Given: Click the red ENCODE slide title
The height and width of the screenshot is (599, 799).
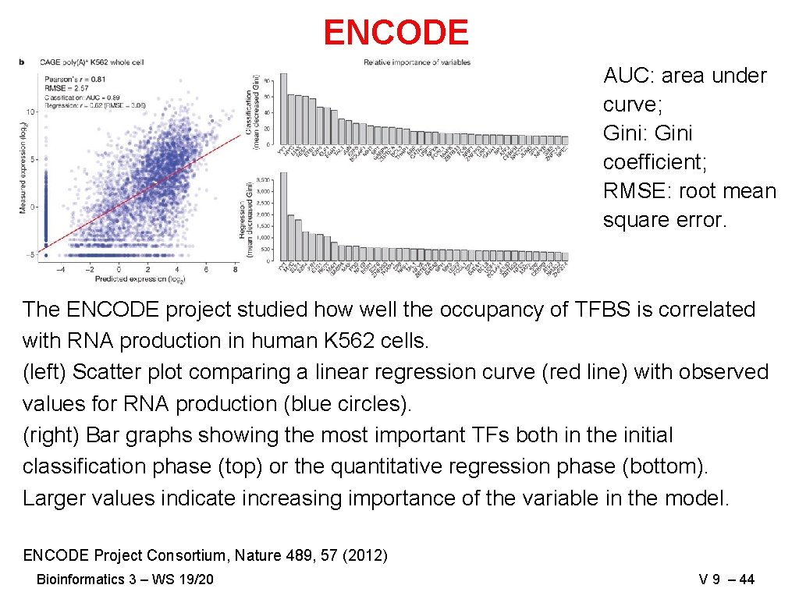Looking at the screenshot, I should tap(396, 33).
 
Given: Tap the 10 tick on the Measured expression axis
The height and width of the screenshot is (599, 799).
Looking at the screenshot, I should tap(32, 111).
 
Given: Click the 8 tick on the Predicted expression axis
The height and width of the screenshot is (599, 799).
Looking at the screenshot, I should tap(236, 270).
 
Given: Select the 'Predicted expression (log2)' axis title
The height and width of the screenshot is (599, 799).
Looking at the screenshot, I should tap(140, 278).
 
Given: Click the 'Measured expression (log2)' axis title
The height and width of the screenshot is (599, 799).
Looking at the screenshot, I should tap(23, 168).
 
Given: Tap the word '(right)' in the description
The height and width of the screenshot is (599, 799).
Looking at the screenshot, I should tap(51, 435).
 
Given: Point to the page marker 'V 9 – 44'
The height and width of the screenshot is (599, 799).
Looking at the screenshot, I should tap(727, 579).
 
